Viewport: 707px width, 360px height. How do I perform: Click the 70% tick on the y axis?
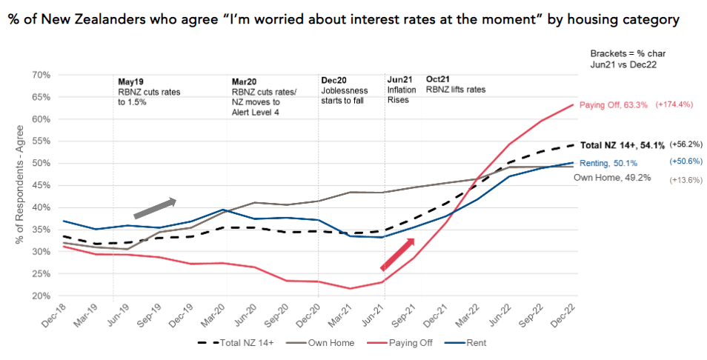[x=40, y=75]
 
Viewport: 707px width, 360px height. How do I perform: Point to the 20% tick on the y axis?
[x=40, y=296]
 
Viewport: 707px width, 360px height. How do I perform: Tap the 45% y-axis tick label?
[x=40, y=185]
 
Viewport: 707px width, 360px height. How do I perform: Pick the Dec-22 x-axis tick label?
[x=571, y=315]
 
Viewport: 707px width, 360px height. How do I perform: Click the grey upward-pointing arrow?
[x=155, y=208]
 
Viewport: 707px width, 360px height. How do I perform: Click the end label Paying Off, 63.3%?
[x=613, y=104]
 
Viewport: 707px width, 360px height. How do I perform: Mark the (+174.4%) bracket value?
[x=674, y=104]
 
